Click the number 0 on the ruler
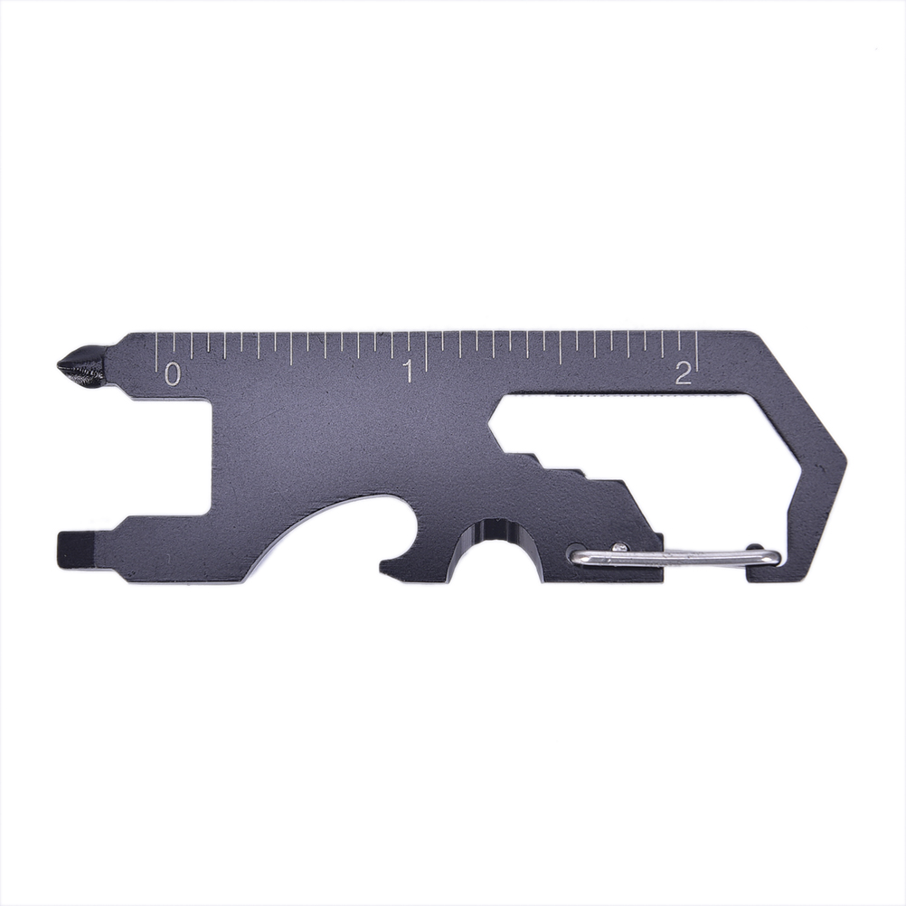[x=172, y=373]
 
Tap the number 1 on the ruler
[x=409, y=371]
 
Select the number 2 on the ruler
[x=683, y=373]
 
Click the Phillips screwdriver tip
[x=80, y=366]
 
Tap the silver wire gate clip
[x=675, y=557]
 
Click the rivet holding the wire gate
[x=619, y=545]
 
